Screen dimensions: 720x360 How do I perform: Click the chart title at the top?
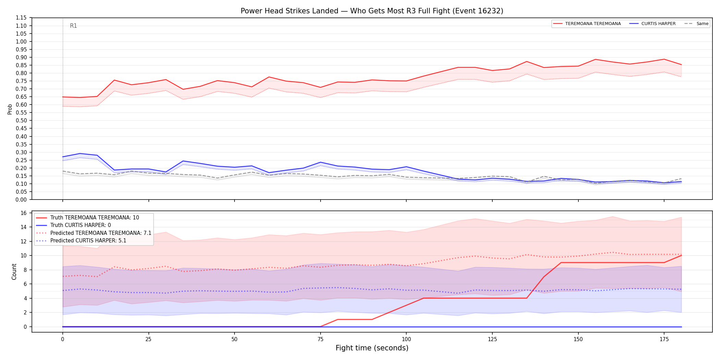(x=372, y=11)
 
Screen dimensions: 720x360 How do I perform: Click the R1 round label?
(x=73, y=26)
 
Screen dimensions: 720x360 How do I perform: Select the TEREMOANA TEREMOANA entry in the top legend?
(x=587, y=24)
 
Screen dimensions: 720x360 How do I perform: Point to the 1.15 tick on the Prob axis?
(x=21, y=18)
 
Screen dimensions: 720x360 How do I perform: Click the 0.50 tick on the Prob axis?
(x=21, y=121)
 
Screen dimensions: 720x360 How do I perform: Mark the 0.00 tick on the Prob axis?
(x=21, y=200)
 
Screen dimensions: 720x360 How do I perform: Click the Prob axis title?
(x=10, y=109)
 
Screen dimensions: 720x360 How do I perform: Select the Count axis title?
(x=14, y=272)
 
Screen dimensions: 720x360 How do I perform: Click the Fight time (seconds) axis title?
(x=372, y=348)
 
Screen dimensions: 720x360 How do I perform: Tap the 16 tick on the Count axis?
(x=24, y=213)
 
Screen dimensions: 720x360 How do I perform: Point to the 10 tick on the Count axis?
(x=24, y=256)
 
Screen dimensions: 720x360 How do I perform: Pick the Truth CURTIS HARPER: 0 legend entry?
(x=73, y=225)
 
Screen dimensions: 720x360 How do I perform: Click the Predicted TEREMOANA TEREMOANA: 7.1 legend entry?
(x=94, y=233)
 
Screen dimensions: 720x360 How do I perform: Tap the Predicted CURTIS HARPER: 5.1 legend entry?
(x=81, y=241)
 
